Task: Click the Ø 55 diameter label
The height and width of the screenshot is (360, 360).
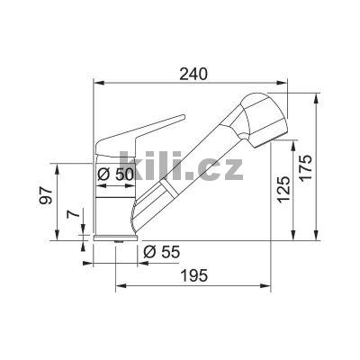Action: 159,251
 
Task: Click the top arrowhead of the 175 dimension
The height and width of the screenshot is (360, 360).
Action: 315,94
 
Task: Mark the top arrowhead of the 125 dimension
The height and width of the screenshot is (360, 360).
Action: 292,142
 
